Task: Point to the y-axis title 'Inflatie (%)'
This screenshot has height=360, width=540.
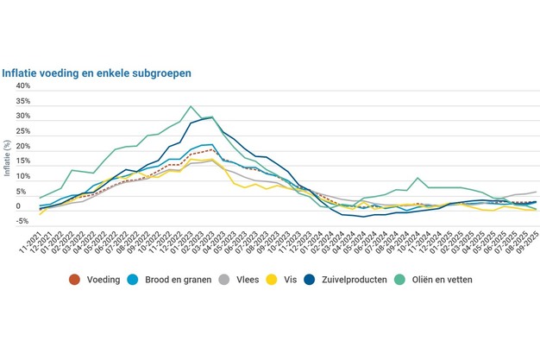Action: click(8, 159)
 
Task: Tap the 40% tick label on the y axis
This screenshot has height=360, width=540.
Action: click(22, 86)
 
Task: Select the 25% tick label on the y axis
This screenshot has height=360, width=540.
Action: click(22, 132)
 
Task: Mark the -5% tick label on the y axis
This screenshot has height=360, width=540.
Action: click(22, 222)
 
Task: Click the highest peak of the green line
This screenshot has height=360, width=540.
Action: click(190, 107)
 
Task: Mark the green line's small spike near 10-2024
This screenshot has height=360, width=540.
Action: click(418, 178)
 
